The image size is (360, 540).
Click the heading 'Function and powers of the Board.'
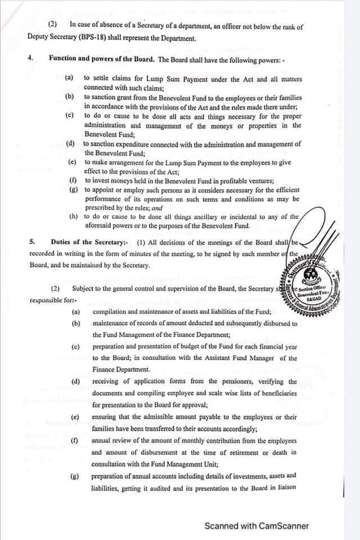[101, 58]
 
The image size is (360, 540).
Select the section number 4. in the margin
[31, 58]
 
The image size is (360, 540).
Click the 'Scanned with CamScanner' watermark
[256, 526]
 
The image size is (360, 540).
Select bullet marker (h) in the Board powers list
[73, 216]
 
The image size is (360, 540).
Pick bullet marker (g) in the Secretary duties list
[74, 476]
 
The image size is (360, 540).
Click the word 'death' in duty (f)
[287, 453]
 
